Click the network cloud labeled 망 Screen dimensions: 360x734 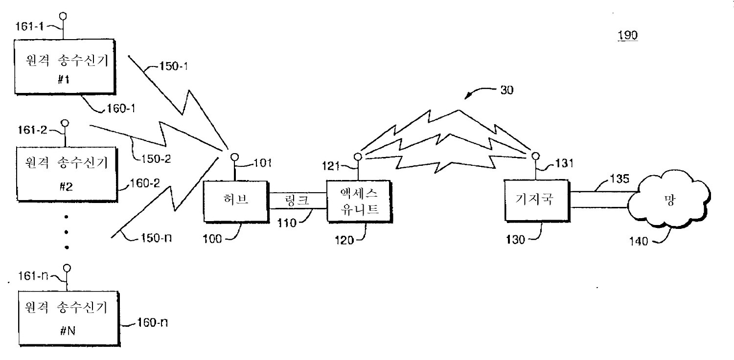[668, 201]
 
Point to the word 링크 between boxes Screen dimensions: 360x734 [297, 201]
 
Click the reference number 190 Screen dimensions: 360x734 [628, 36]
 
